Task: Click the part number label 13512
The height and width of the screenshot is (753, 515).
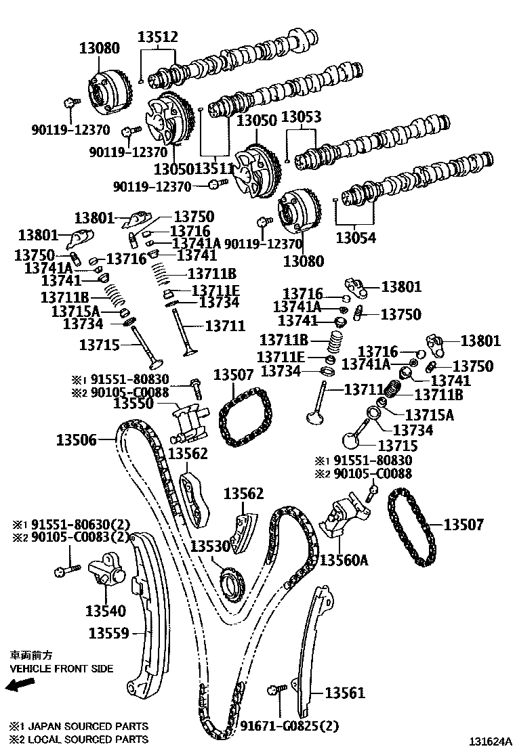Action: click(x=158, y=37)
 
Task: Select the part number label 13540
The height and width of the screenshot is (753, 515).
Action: click(x=105, y=611)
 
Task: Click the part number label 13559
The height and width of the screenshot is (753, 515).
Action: click(x=108, y=633)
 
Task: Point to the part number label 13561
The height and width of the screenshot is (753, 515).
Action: click(x=344, y=693)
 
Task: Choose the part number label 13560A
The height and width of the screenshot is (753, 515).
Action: click(x=344, y=560)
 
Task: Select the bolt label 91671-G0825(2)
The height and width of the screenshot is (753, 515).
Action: click(x=287, y=726)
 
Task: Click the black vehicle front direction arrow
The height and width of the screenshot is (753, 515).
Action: click(x=19, y=686)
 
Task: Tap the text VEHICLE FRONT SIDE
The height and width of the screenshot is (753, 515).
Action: click(x=61, y=668)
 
